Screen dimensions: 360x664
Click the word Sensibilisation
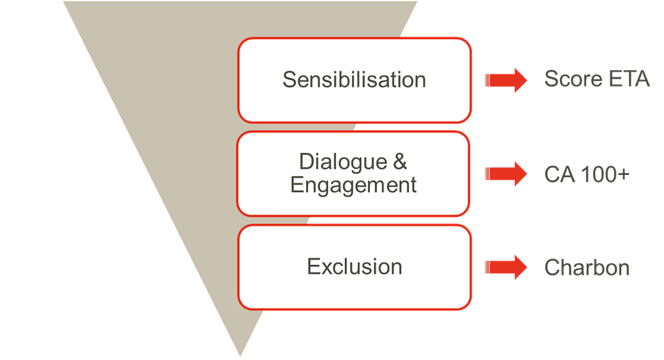pos(354,79)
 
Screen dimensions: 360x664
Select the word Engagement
pos(353,185)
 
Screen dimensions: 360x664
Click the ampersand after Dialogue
pos(400,162)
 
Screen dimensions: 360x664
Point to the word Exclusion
pos(354,266)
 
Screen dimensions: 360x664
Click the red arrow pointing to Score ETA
pos(507,79)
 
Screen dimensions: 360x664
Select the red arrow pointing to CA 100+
pos(507,173)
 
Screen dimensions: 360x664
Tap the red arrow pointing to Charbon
pos(507,267)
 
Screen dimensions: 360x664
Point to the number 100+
pos(605,173)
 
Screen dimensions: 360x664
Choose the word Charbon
pos(586,267)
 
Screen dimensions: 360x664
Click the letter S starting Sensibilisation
pos(289,79)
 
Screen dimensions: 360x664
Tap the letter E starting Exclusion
pos(313,266)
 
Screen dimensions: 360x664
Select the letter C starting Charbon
pos(550,267)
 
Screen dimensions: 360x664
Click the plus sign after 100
pos(624,174)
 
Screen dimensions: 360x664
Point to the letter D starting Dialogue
pos(306,162)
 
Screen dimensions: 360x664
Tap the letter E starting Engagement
pos(296,185)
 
